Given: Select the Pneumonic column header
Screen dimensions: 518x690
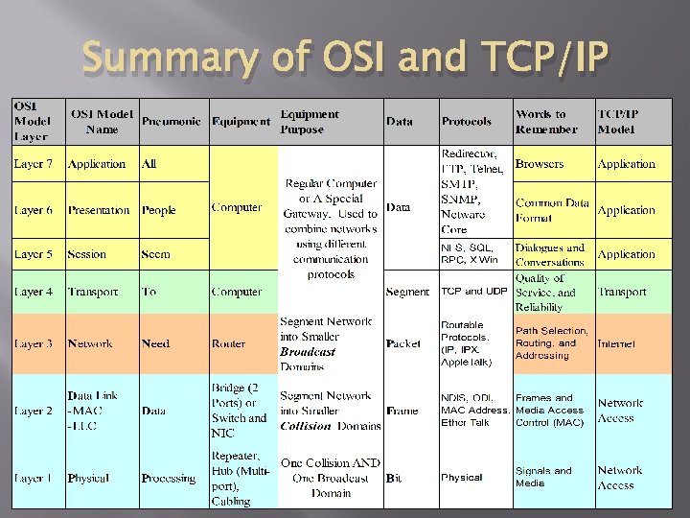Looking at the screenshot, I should coord(172,122).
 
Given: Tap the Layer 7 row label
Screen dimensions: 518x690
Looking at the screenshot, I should coord(34,164).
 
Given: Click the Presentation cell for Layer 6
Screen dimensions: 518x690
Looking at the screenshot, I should coord(99,210).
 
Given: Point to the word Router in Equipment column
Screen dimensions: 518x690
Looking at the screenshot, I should coord(228,343).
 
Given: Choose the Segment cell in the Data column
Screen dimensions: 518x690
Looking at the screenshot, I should coord(407,293).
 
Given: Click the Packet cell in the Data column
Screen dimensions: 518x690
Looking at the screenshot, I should coord(403,343).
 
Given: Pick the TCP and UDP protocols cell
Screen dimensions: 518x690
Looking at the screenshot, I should coord(473,292).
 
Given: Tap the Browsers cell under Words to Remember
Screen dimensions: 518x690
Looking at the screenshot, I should coord(540,164).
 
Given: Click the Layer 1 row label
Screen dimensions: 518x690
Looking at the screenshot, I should coord(34,478).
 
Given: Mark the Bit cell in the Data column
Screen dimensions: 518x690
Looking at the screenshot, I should coord(393,478).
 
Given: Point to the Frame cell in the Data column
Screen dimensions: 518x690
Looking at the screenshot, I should coord(402,411).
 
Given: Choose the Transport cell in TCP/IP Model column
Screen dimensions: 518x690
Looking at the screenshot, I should coord(622,292).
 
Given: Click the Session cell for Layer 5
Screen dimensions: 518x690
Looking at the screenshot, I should coord(87,255).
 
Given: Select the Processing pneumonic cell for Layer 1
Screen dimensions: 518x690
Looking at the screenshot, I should coord(169,478).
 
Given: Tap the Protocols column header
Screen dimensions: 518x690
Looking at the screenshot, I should coord(467,122).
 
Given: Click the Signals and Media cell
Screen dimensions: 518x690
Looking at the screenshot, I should coord(543,477).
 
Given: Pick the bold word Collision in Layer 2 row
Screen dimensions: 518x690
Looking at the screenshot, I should coord(306,426).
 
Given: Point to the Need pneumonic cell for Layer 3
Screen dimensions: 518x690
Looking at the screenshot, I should coord(155,343).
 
